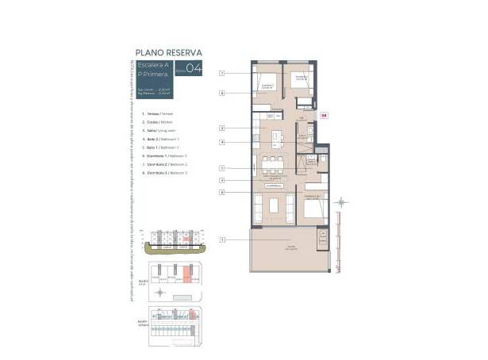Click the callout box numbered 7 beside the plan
point(224,73)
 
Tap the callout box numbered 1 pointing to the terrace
point(224,239)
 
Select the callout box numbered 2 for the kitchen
point(224,128)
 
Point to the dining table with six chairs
point(274,166)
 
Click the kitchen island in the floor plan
point(275,138)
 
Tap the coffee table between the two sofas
point(275,205)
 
